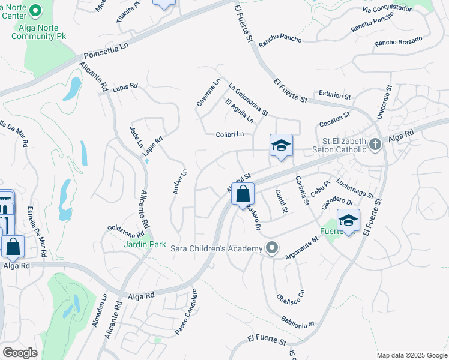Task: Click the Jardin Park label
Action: pyautogui.click(x=145, y=244)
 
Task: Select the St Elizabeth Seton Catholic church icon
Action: pyautogui.click(x=375, y=144)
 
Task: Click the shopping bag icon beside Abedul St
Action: pyautogui.click(x=243, y=194)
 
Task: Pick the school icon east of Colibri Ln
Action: pyautogui.click(x=280, y=146)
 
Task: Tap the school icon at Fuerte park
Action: pyautogui.click(x=348, y=221)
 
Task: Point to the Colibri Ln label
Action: pyautogui.click(x=230, y=134)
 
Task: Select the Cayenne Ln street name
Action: pyautogui.click(x=209, y=92)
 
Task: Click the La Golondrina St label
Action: pyautogui.click(x=248, y=100)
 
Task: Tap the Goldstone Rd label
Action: pyautogui.click(x=126, y=230)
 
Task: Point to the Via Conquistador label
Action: pyautogui.click(x=387, y=9)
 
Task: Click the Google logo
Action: pyautogui.click(x=20, y=353)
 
